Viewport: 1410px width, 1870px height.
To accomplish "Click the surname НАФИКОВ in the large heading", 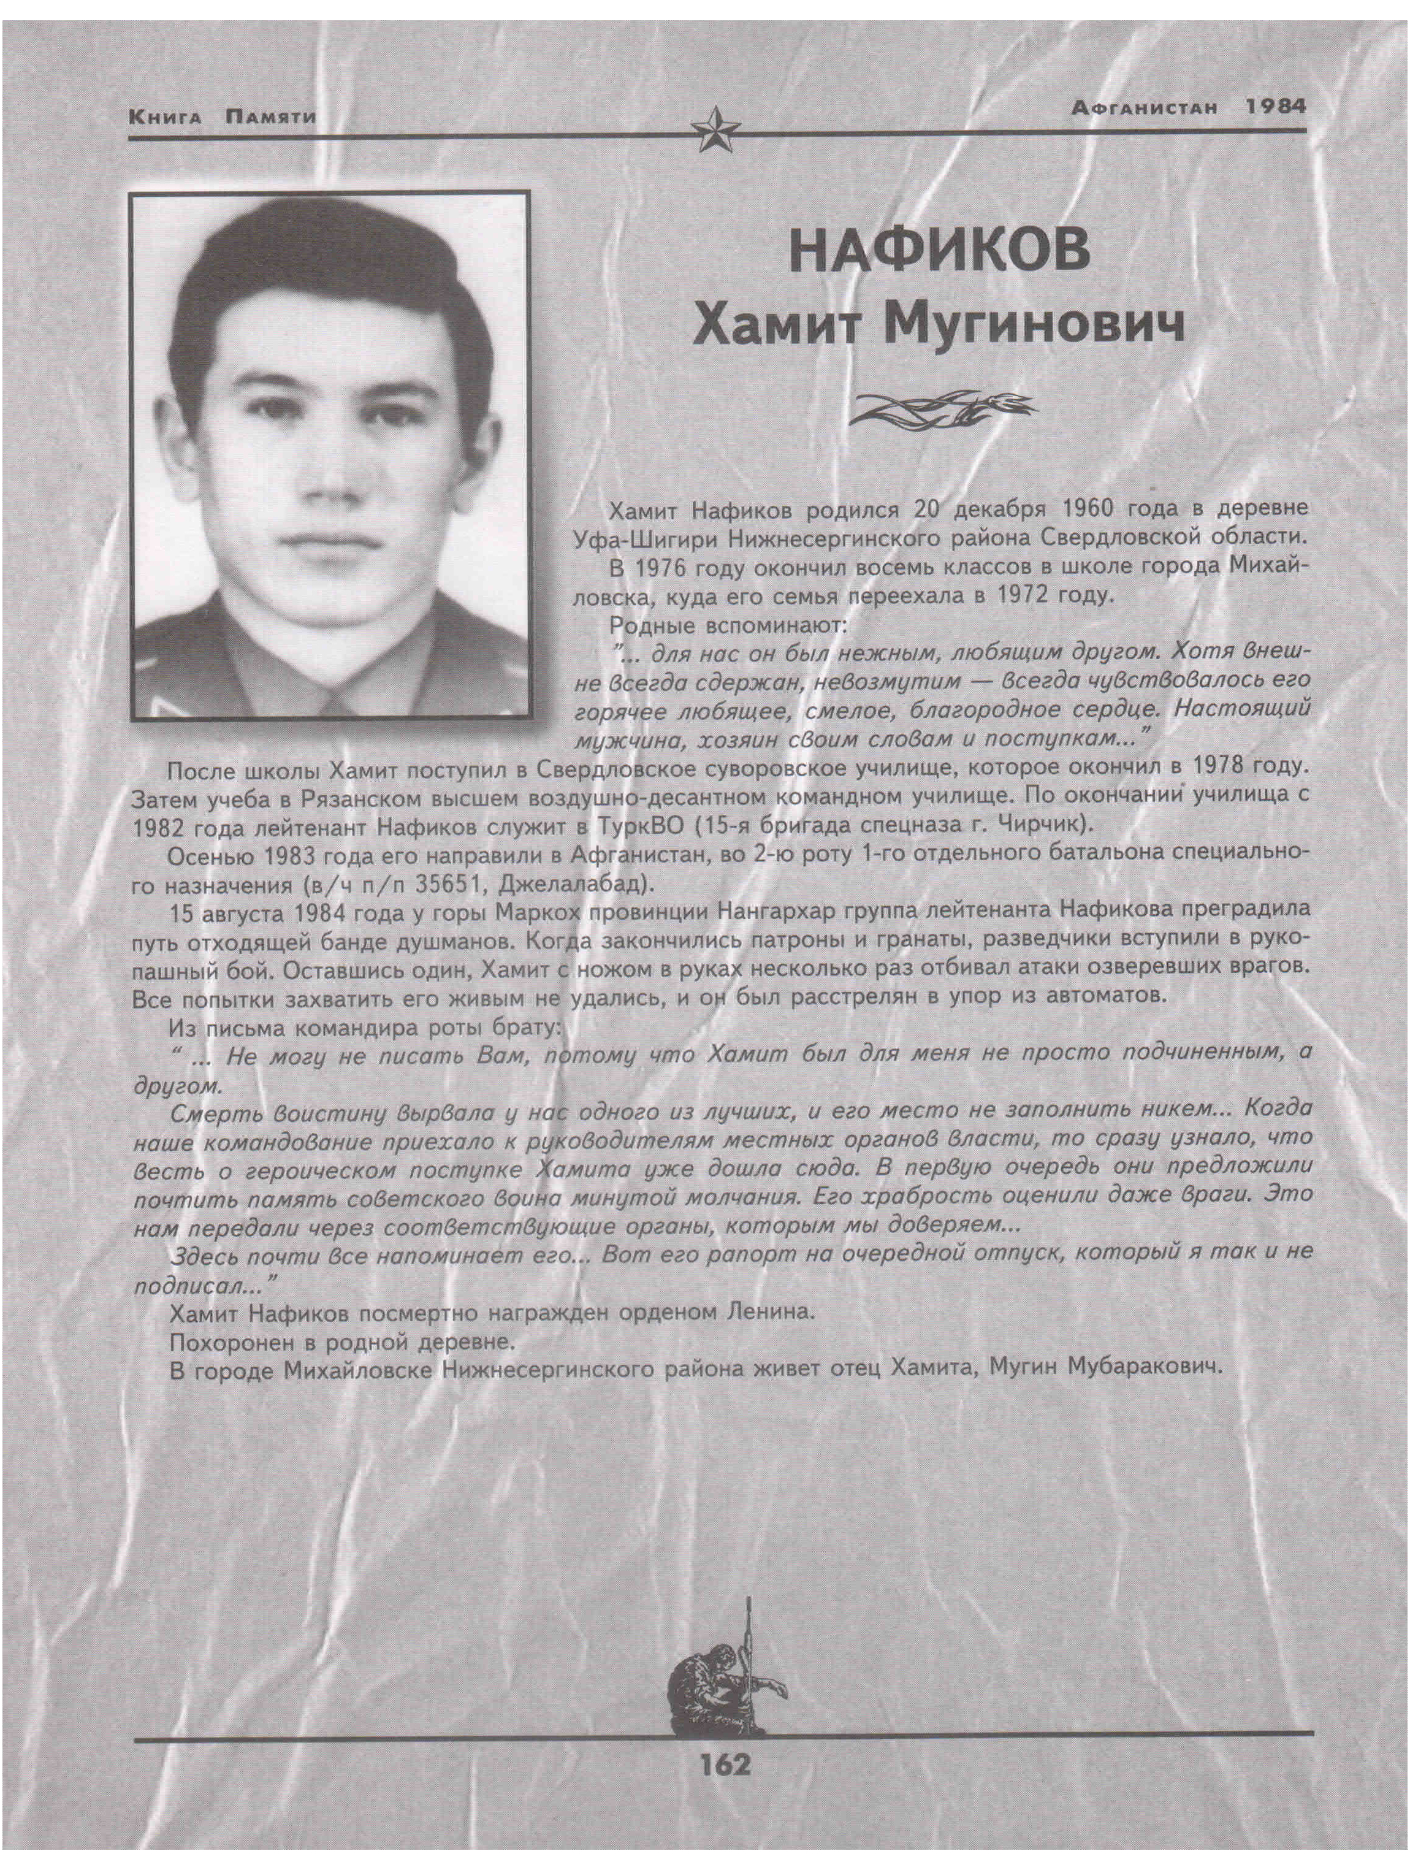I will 939,252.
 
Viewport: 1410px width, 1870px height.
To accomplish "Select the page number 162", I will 725,1765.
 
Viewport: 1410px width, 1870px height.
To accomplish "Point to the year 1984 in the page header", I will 1275,107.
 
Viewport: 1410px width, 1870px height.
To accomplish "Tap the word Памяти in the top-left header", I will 270,116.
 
